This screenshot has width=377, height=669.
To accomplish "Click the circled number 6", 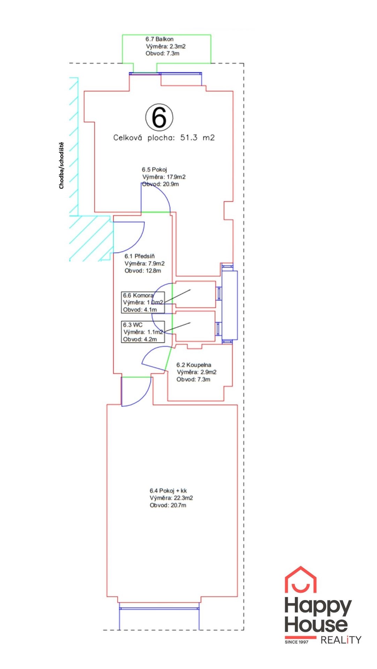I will pos(159,117).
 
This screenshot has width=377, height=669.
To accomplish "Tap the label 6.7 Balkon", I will pos(160,39).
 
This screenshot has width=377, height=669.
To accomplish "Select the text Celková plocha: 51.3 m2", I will pos(164,138).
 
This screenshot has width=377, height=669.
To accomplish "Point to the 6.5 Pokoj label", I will pos(154,170).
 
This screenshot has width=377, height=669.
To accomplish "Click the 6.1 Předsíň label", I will pos(140,256).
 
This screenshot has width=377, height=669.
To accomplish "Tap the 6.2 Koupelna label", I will pos(194,365).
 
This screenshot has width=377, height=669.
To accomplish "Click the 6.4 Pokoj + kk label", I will pos(168,491).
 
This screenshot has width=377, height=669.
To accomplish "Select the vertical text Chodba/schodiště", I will pos(61,166).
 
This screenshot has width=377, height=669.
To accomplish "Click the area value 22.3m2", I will pos(183,498).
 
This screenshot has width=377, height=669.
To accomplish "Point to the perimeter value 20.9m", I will pos(171,184).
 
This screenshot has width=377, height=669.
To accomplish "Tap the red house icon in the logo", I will pos(301,580).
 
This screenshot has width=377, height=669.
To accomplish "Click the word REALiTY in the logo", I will pos(341,640).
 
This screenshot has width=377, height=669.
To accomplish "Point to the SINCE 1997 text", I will pos(297,642).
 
